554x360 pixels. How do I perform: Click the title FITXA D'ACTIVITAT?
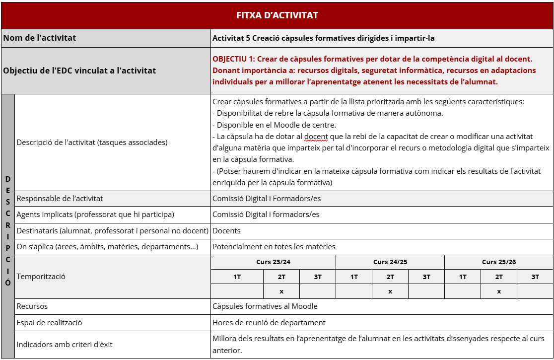(277, 15)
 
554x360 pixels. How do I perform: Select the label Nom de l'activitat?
(40, 38)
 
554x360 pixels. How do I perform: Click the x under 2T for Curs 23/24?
(281, 291)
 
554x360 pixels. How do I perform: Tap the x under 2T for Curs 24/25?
(390, 291)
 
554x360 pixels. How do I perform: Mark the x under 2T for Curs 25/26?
(499, 291)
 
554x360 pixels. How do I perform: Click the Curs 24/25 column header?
(390, 262)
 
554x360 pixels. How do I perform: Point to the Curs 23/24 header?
(274, 262)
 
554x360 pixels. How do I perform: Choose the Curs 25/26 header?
(499, 262)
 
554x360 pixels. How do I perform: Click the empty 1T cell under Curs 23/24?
(237, 291)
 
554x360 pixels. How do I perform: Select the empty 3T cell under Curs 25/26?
(535, 291)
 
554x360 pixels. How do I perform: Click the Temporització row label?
(41, 277)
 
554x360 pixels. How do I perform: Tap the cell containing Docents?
(227, 231)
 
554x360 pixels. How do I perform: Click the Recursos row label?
(32, 306)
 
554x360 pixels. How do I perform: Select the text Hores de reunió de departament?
(269, 323)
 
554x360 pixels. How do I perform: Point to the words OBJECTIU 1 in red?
(234, 59)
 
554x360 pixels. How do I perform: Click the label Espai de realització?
(50, 323)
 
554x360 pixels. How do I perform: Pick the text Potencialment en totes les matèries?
(274, 247)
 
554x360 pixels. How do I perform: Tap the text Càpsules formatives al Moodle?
(265, 306)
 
